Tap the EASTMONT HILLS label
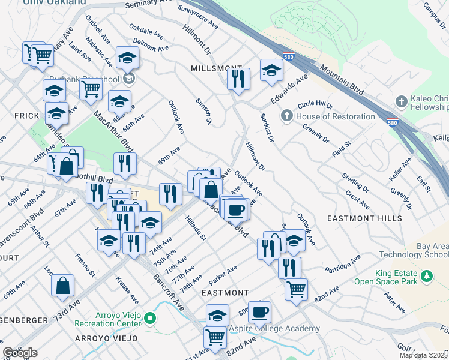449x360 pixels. [x=364, y=218]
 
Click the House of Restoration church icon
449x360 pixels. [x=287, y=116]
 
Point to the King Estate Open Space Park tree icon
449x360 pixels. [x=427, y=275]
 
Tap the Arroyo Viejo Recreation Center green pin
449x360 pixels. [x=151, y=319]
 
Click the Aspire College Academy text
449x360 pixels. [x=275, y=329]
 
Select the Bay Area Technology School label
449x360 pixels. [x=413, y=250]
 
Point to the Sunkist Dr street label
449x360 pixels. [x=267, y=127]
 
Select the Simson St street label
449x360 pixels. [x=204, y=112]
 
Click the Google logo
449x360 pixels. [x=20, y=353]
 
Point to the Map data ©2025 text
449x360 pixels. [x=423, y=355]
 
